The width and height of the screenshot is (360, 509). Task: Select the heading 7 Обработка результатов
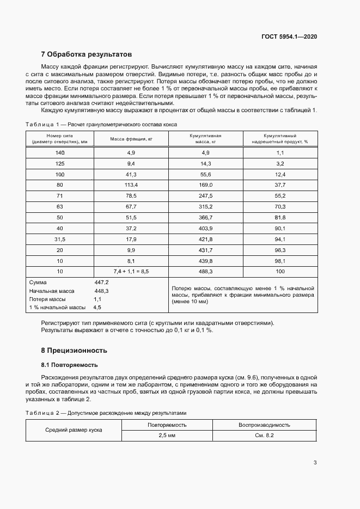pyautogui.click(x=87, y=54)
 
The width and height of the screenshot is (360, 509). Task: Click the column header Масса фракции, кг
pyautogui.click(x=131, y=139)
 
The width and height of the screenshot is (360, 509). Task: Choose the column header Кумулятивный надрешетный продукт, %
pyautogui.click(x=280, y=138)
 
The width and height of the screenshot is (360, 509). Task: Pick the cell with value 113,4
pyautogui.click(x=131, y=185)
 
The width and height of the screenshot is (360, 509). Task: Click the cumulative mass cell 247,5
pyautogui.click(x=205, y=195)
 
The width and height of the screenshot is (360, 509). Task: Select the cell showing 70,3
pyautogui.click(x=280, y=206)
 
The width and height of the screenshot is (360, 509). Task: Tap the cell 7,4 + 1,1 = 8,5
pyautogui.click(x=131, y=271)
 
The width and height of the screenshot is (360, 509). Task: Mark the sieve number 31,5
pyautogui.click(x=59, y=238)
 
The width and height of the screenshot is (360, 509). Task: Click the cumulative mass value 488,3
pyautogui.click(x=205, y=271)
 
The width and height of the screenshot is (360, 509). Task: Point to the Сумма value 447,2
pyautogui.click(x=102, y=283)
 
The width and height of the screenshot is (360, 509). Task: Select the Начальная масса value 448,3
pyautogui.click(x=102, y=291)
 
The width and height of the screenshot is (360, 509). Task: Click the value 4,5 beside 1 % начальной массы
pyautogui.click(x=97, y=308)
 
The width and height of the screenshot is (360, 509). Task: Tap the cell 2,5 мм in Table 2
pyautogui.click(x=167, y=436)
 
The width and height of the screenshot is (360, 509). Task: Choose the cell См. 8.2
pyautogui.click(x=264, y=436)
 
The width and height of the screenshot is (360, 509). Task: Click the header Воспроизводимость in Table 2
pyautogui.click(x=264, y=425)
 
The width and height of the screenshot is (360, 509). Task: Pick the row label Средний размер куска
pyautogui.click(x=74, y=430)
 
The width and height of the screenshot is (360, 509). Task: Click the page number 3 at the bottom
pyautogui.click(x=315, y=463)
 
